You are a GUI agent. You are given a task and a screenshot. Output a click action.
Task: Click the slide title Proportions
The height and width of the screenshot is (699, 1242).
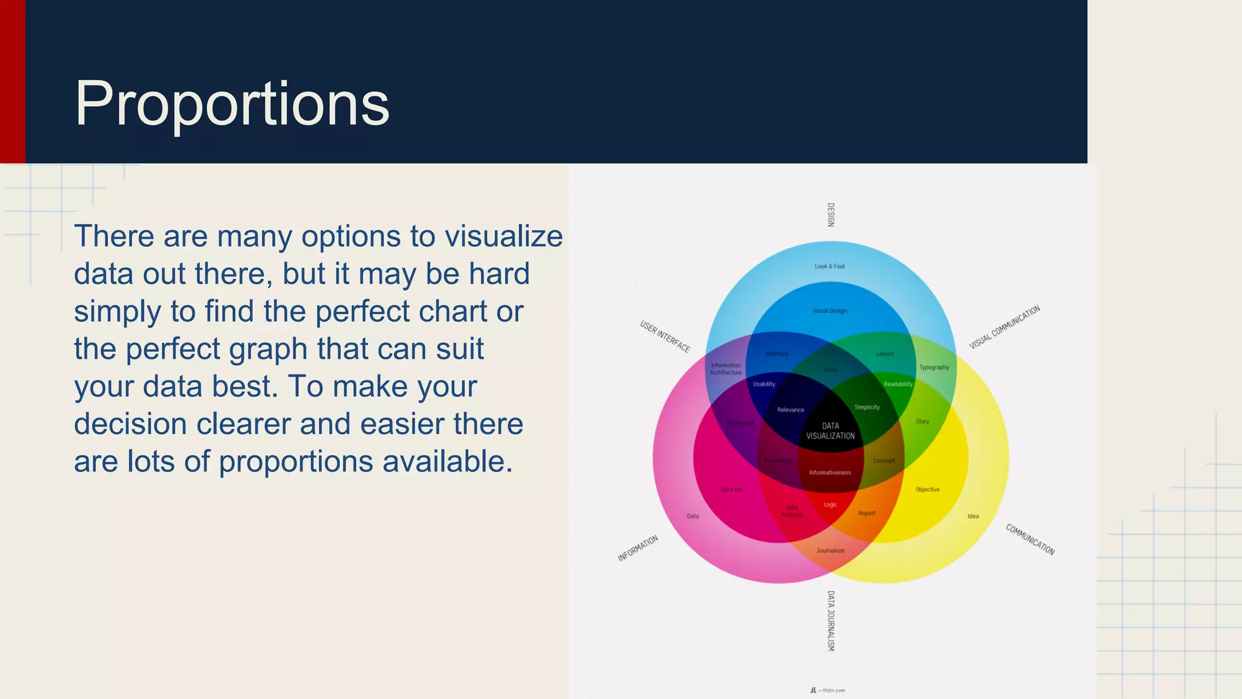[x=232, y=104]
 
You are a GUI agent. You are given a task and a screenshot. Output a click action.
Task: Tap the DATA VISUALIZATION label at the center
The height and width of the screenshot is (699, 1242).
[x=830, y=431]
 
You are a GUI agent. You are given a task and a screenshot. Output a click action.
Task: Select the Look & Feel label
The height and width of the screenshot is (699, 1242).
[x=830, y=266]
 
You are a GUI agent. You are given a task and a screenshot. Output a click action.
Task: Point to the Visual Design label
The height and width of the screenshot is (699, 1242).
[x=830, y=311]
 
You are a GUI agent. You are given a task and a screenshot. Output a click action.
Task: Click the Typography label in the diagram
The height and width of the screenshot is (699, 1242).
[x=934, y=367]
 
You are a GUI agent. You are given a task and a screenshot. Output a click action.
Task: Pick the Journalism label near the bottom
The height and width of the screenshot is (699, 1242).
[x=830, y=551]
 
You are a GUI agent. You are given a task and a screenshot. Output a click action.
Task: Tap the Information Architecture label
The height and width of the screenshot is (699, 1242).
[x=726, y=369]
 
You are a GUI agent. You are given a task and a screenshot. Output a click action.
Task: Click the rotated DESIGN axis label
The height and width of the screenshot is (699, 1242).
[x=831, y=215]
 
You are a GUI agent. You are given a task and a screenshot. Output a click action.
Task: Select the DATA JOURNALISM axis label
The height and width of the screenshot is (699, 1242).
[x=831, y=621]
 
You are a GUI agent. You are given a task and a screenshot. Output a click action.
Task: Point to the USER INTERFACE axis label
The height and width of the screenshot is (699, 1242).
[x=665, y=336]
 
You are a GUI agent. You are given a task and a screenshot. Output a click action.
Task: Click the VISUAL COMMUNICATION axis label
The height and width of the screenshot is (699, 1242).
[x=1004, y=327]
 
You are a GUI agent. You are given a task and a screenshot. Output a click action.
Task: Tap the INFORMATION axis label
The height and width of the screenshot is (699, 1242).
[x=638, y=549]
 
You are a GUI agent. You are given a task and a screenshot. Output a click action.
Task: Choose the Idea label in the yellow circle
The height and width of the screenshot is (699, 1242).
[x=973, y=516]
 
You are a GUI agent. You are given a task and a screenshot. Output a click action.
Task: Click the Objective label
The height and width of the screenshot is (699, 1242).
[x=927, y=490]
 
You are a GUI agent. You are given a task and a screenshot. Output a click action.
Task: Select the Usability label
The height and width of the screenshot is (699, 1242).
[x=764, y=384]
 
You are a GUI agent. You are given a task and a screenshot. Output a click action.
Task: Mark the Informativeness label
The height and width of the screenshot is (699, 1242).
[x=830, y=473]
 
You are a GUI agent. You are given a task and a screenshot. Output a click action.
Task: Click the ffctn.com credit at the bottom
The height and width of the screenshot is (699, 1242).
[x=828, y=691]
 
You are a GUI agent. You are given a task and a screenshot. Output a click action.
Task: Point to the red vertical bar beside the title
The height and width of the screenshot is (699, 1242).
[x=12, y=81]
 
